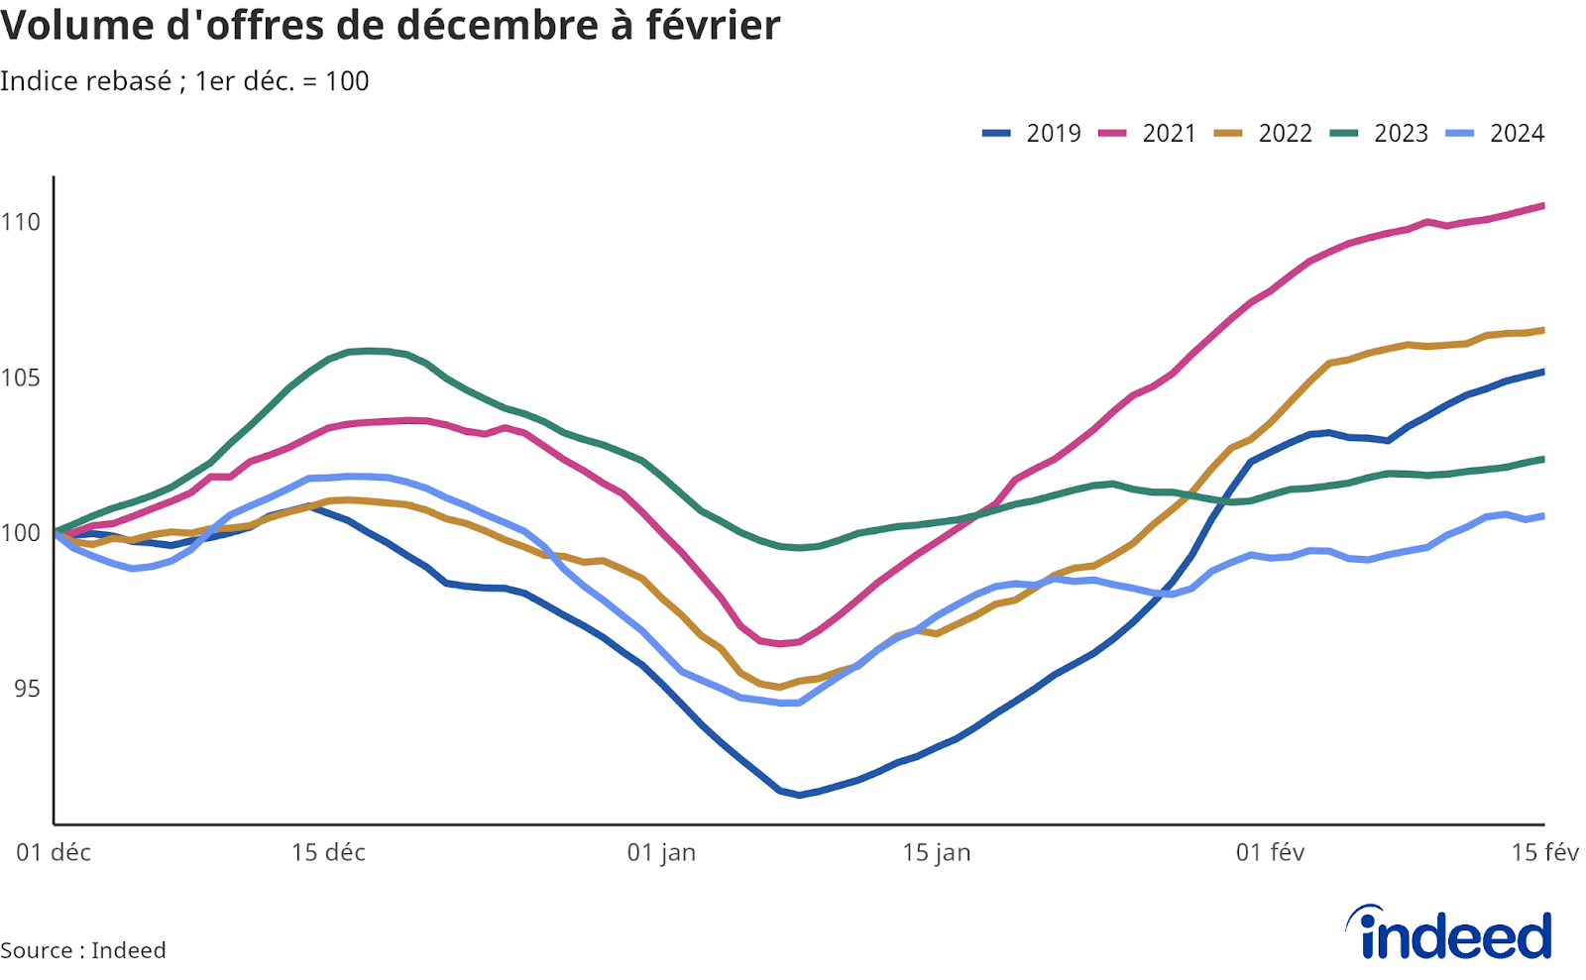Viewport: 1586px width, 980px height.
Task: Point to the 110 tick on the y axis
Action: click(x=21, y=222)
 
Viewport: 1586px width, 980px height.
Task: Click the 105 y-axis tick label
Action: click(x=21, y=378)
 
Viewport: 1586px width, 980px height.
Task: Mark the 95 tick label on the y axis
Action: click(x=27, y=688)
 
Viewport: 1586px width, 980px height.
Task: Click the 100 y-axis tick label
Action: click(x=21, y=533)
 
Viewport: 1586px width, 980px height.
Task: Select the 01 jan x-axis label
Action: click(x=661, y=852)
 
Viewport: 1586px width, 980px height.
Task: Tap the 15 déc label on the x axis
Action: click(x=328, y=852)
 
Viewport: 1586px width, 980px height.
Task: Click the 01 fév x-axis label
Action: click(x=1270, y=852)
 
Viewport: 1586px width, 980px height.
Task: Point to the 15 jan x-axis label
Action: click(x=936, y=852)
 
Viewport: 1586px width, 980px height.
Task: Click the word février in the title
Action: click(x=713, y=25)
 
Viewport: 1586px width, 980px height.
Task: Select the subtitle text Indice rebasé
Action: click(x=85, y=81)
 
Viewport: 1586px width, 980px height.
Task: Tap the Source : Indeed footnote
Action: click(x=83, y=949)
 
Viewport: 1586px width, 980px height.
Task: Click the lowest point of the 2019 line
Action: click(x=799, y=795)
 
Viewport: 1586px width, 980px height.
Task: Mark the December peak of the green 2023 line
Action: click(x=369, y=350)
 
